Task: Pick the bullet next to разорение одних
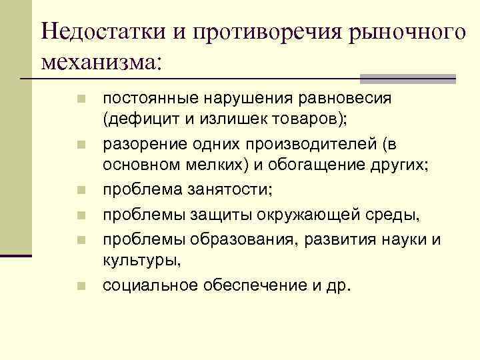coord(81,145)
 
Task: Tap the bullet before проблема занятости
coord(81,190)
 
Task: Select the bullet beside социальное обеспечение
coord(81,287)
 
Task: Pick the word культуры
coord(137,262)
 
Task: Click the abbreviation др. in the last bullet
coord(338,286)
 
